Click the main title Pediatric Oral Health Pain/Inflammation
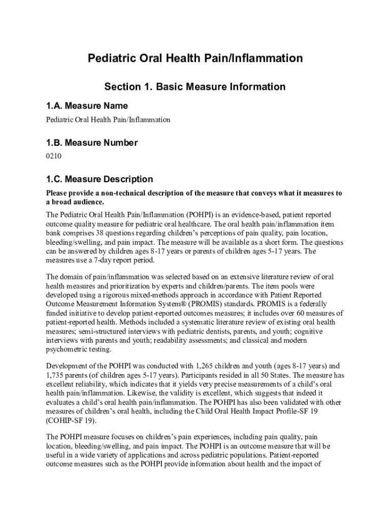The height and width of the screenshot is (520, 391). pos(195,59)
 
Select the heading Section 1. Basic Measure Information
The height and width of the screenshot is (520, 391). pos(195,87)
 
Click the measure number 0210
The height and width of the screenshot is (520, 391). pos(53,156)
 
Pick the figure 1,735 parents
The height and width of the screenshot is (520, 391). pos(56,375)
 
